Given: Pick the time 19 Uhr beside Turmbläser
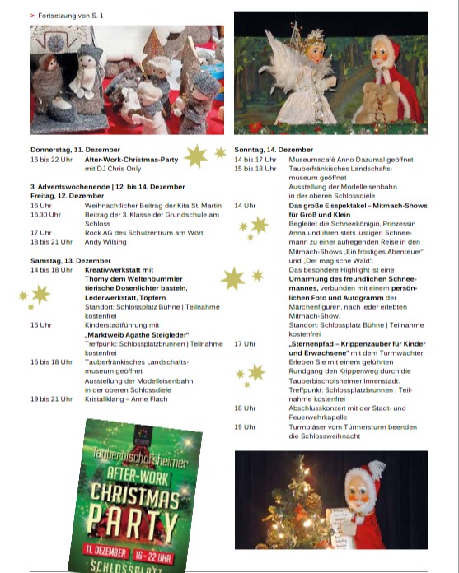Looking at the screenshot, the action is pos(245,427).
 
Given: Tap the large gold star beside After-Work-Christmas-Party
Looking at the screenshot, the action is pos(195,156).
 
